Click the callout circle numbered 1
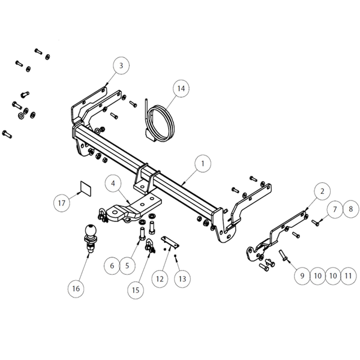[x=203, y=164]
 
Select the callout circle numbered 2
[x=322, y=191]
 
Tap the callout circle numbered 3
[x=121, y=65]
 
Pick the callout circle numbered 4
[x=113, y=184]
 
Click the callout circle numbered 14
[x=181, y=88]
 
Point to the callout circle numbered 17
[x=62, y=203]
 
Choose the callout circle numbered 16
[x=76, y=289]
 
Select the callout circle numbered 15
[x=136, y=290]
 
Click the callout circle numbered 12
[x=160, y=279]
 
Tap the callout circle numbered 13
[x=182, y=279]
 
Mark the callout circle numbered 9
[x=302, y=276]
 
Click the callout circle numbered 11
[x=349, y=276]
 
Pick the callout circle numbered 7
[x=335, y=209]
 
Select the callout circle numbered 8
[x=351, y=209]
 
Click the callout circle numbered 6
[x=112, y=266]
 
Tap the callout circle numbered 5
[x=127, y=266]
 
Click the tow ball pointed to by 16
[x=90, y=238]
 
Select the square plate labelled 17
[x=85, y=189]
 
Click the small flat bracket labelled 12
[x=170, y=242]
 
